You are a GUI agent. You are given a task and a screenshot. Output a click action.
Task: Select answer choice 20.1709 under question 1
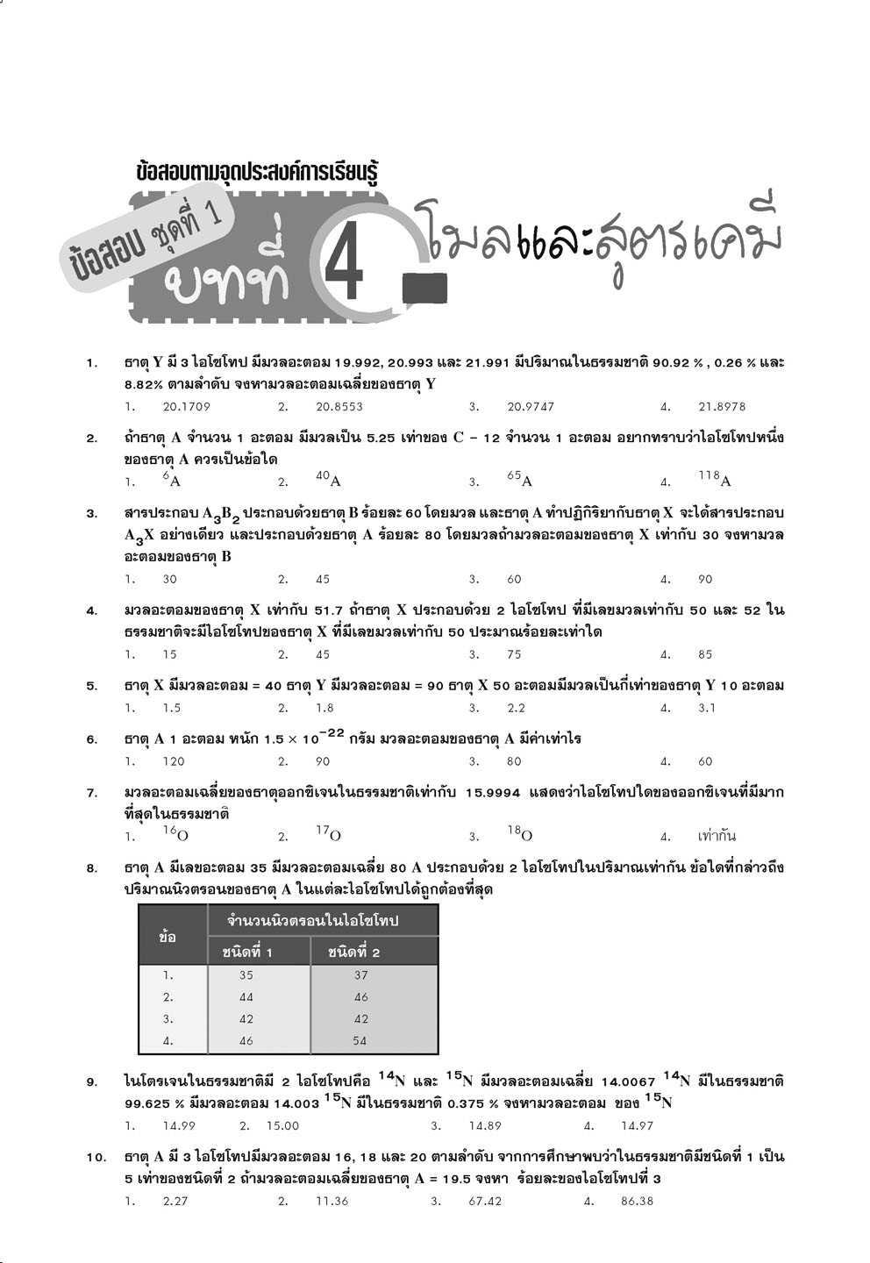tap(186, 407)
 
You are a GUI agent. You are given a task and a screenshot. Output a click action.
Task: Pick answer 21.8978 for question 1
tap(722, 407)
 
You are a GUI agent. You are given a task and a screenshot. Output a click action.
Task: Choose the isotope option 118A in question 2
tap(714, 480)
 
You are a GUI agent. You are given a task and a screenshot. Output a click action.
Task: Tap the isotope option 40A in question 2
tap(328, 480)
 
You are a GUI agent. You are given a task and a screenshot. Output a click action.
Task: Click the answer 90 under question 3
tap(706, 579)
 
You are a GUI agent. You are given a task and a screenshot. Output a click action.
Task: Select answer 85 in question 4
tap(706, 654)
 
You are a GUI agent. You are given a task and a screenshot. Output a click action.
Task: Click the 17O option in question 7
tap(328, 834)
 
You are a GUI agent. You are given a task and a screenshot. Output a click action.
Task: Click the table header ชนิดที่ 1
tap(247, 952)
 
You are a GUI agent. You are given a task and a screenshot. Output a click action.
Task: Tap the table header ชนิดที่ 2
tap(353, 952)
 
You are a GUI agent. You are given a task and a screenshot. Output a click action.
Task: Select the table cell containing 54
tap(360, 1041)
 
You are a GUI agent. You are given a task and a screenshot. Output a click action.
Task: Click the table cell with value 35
tap(246, 975)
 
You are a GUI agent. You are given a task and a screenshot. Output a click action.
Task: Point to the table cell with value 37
tap(360, 975)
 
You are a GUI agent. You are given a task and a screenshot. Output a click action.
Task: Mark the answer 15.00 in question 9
tap(282, 1125)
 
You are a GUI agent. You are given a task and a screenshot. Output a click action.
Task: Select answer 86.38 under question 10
tap(636, 1201)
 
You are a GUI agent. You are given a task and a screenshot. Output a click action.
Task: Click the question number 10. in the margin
tap(96, 1158)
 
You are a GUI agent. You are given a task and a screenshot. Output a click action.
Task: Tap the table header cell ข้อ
tap(168, 937)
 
